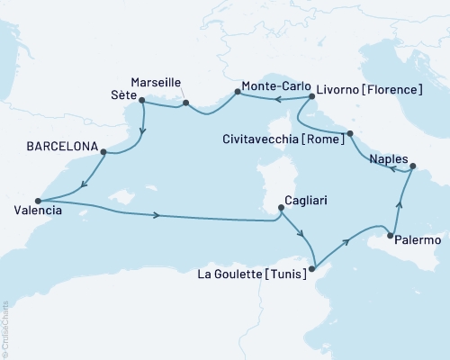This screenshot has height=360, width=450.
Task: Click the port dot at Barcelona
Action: coord(103,152)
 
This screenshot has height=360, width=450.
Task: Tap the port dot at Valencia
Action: coord(37,201)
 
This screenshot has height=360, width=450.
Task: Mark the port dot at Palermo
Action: coord(390,236)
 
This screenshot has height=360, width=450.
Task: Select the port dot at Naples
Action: coord(412,166)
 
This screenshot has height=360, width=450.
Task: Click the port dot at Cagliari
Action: coord(282,208)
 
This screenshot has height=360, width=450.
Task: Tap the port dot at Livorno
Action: coord(311,96)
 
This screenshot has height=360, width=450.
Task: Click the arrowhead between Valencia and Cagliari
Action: coord(158,215)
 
